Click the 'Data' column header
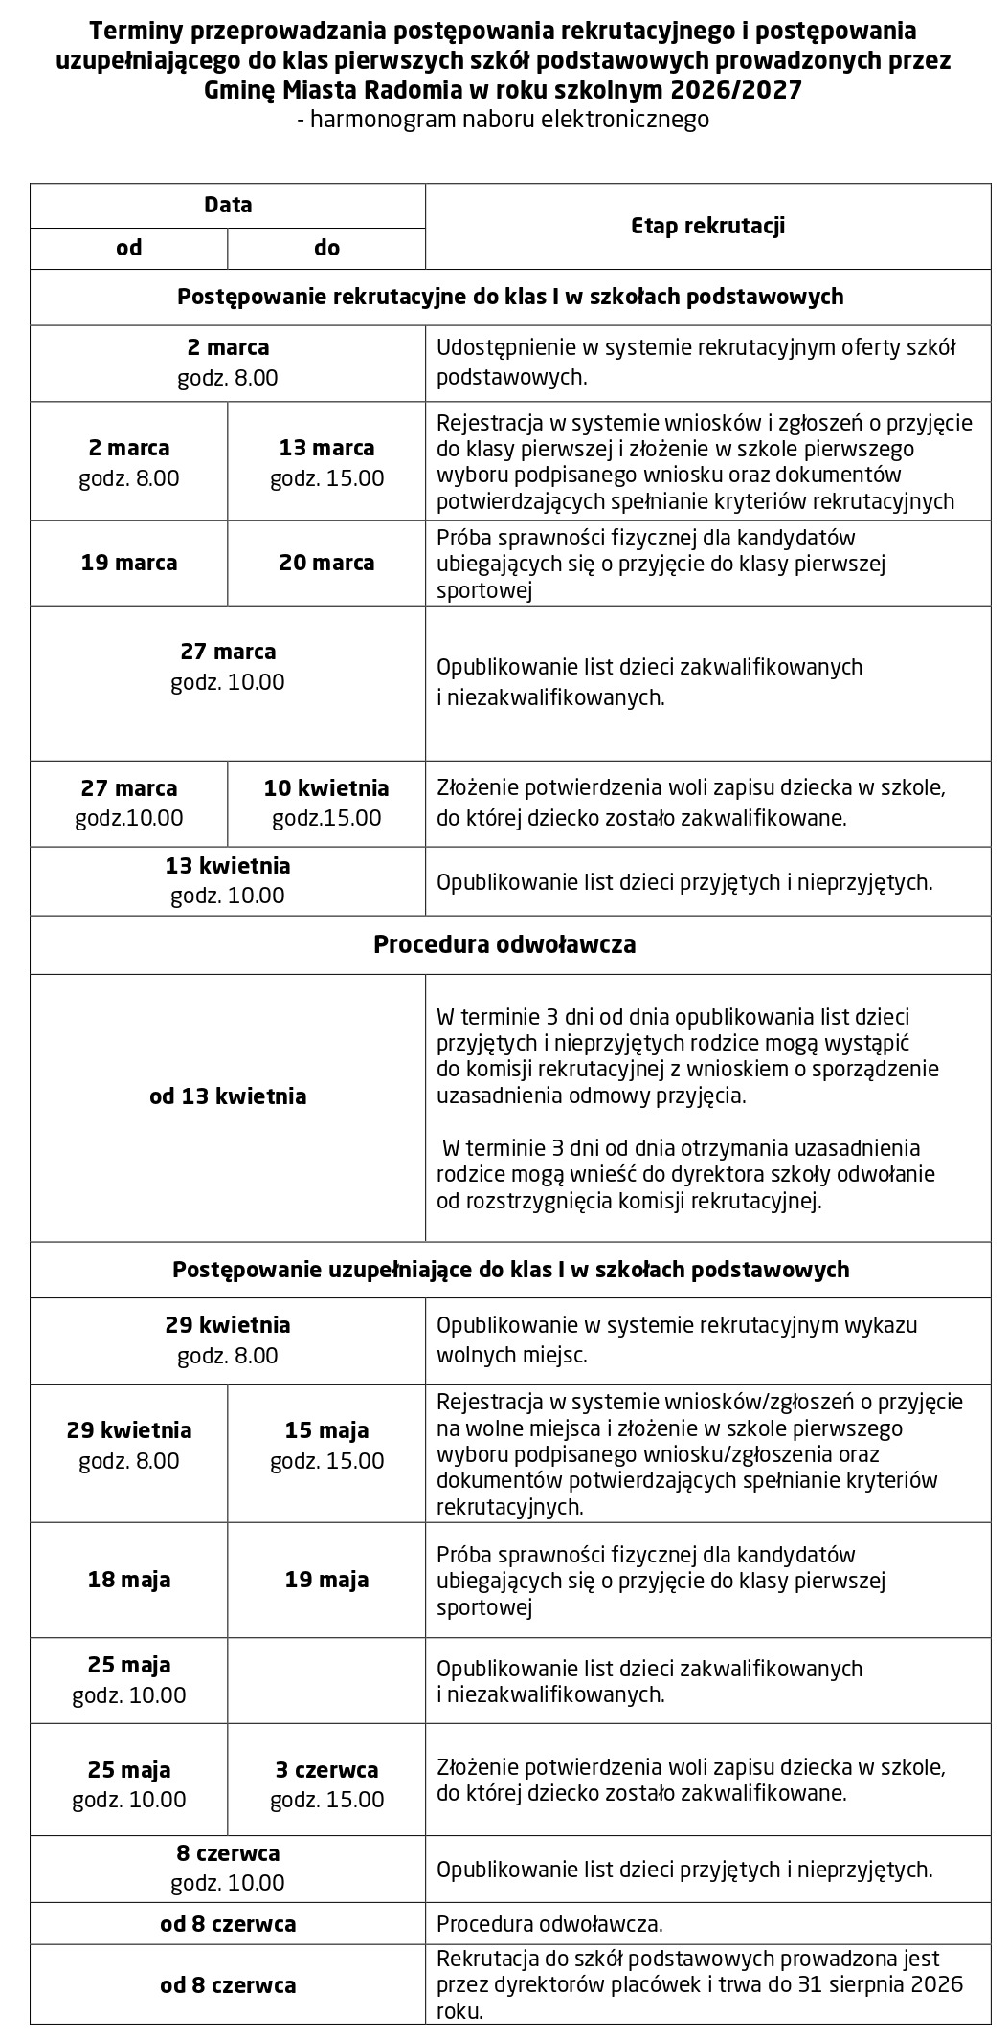point(228,205)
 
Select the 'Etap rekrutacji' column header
point(707,226)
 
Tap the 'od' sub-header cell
point(129,248)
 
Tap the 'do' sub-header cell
point(326,248)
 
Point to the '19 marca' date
point(129,563)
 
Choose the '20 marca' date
point(326,563)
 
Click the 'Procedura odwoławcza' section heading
point(504,945)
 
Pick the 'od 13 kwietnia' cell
point(228,1096)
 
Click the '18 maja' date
point(129,1580)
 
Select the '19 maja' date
point(326,1580)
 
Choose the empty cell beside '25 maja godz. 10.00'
point(326,1681)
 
